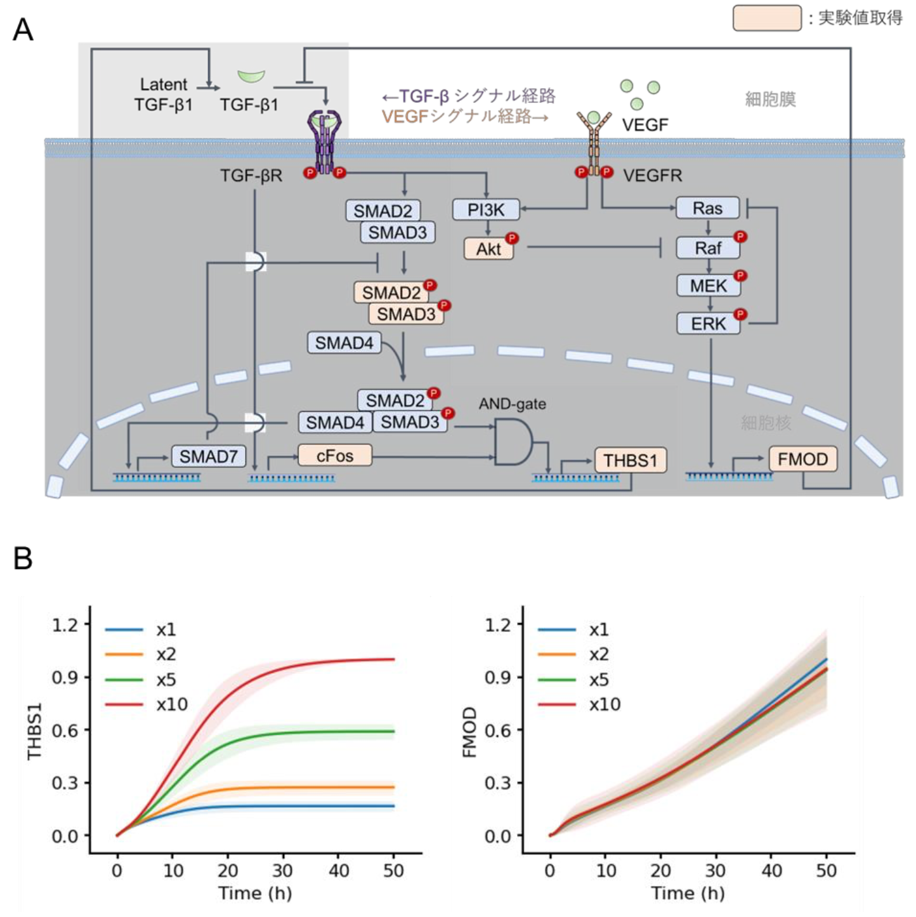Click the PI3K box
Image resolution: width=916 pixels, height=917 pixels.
click(x=486, y=209)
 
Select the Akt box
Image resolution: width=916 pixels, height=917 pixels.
click(x=488, y=249)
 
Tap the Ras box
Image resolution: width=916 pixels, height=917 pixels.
click(x=707, y=208)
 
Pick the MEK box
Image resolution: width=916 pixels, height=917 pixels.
click(x=708, y=286)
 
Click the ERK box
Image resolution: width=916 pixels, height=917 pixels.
click(x=708, y=324)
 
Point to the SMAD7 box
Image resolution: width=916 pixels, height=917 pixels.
click(x=208, y=456)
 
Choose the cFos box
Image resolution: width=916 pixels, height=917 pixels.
click(x=334, y=455)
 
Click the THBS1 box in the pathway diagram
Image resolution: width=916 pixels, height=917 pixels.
click(x=630, y=460)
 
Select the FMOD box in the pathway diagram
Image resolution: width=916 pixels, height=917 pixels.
click(x=802, y=459)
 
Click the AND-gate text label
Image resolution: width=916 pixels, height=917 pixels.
click(x=512, y=404)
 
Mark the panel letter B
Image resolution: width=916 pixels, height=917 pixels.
click(x=23, y=558)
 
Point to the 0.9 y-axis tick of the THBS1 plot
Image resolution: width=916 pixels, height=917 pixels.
click(x=65, y=678)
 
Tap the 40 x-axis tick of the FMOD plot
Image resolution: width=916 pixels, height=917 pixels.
click(x=771, y=871)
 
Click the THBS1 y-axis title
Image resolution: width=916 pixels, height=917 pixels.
click(x=34, y=730)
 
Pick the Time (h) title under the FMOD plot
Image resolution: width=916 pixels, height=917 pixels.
click(x=688, y=894)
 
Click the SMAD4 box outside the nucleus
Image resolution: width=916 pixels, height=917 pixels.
click(x=344, y=343)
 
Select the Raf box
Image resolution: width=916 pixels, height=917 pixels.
click(x=708, y=247)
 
